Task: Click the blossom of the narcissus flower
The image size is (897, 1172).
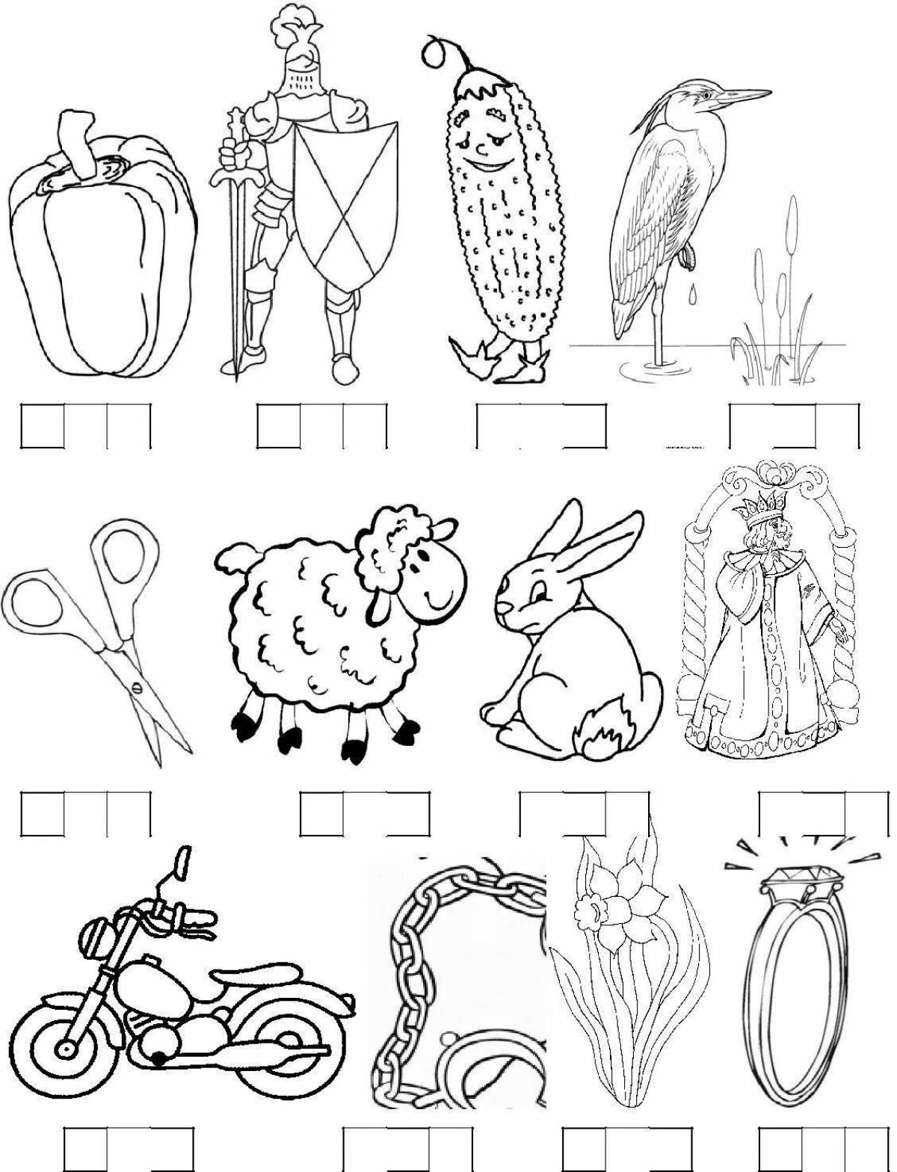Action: pyautogui.click(x=598, y=904)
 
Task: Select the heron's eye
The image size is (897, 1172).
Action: pyautogui.click(x=703, y=94)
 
